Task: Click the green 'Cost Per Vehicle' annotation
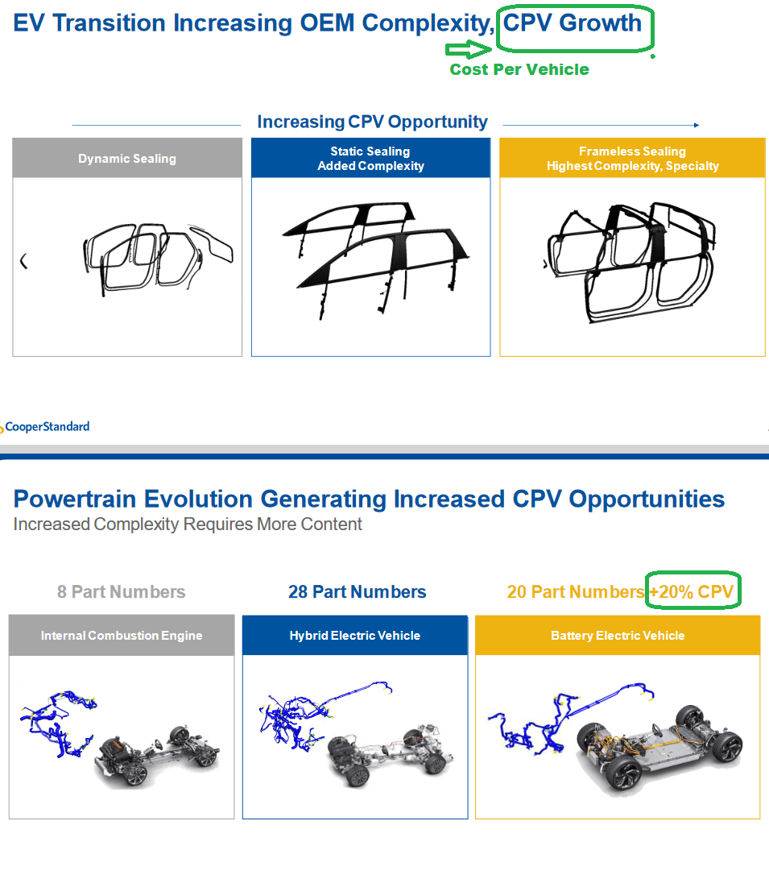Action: click(519, 70)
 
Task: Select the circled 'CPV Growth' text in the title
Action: click(573, 23)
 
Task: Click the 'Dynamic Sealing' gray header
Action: click(127, 159)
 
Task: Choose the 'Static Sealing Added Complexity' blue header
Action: click(370, 159)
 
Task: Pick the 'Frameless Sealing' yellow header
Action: click(632, 159)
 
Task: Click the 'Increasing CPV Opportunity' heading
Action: click(372, 122)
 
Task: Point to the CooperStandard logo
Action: click(46, 427)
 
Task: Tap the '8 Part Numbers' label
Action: click(121, 592)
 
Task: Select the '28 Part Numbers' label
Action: click(357, 592)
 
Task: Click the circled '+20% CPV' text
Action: click(692, 592)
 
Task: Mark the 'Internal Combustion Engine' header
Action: click(122, 636)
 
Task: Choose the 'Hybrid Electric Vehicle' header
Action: click(354, 636)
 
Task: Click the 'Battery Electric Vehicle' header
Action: click(618, 636)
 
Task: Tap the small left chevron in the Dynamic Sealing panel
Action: click(23, 261)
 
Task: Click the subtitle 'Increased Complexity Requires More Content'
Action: click(188, 524)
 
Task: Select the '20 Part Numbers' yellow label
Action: click(575, 592)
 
